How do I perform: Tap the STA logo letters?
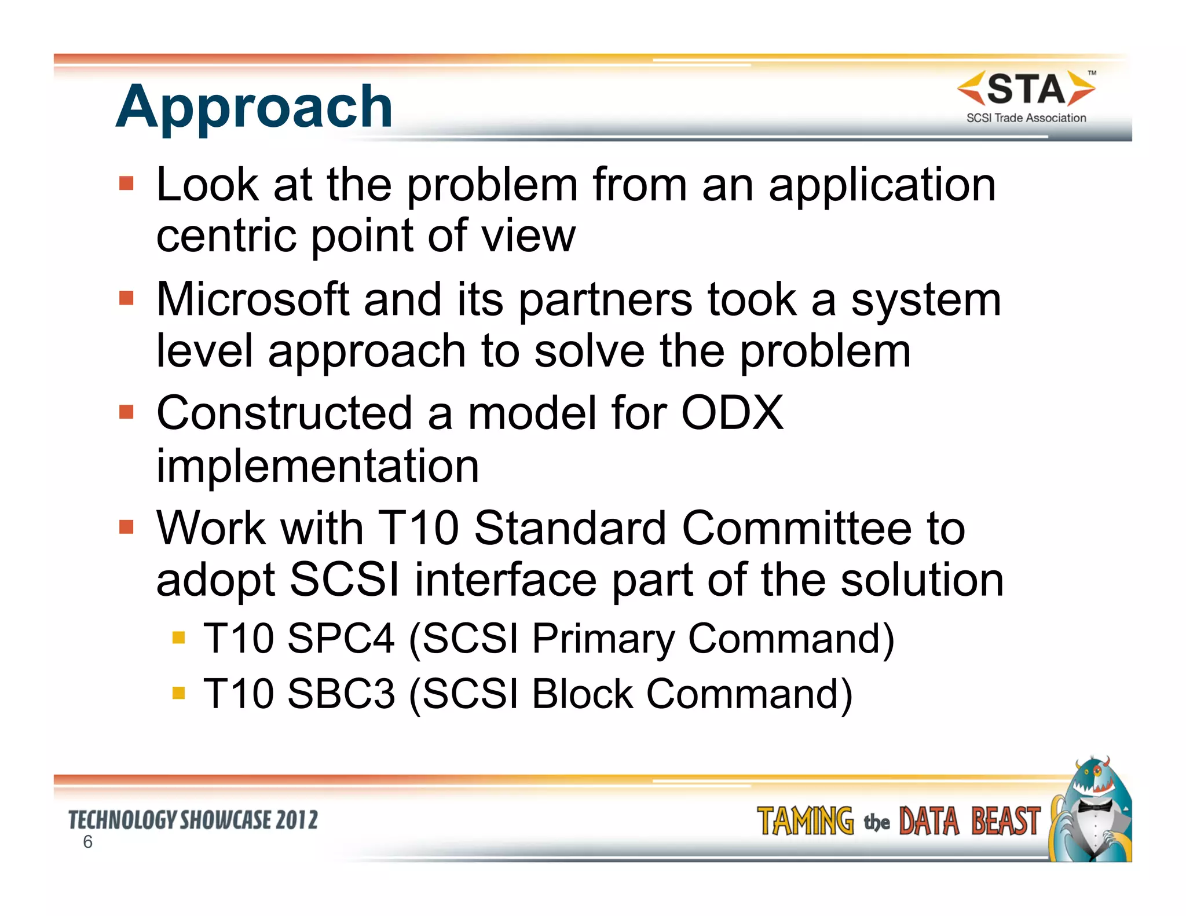pyautogui.click(x=1026, y=89)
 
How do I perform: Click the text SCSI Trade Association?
pyautogui.click(x=1026, y=118)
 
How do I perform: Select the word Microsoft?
pyautogui.click(x=253, y=300)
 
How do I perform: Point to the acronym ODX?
pyautogui.click(x=732, y=413)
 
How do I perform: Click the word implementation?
pyautogui.click(x=317, y=466)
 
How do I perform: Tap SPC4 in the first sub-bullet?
pyautogui.click(x=341, y=639)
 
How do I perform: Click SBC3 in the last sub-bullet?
pyautogui.click(x=341, y=694)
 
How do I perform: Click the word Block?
pyautogui.click(x=582, y=694)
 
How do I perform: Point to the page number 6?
pyautogui.click(x=87, y=842)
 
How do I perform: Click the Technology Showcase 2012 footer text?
pyautogui.click(x=193, y=820)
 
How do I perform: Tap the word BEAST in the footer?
pyautogui.click(x=1005, y=822)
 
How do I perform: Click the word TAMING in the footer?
pyautogui.click(x=805, y=822)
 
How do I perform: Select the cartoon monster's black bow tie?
pyautogui.click(x=1093, y=806)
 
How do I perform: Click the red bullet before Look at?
pyautogui.click(x=126, y=184)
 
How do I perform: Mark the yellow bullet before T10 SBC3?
pyautogui.click(x=178, y=693)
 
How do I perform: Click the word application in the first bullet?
pyautogui.click(x=882, y=185)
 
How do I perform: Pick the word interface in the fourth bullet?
pyautogui.click(x=506, y=580)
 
